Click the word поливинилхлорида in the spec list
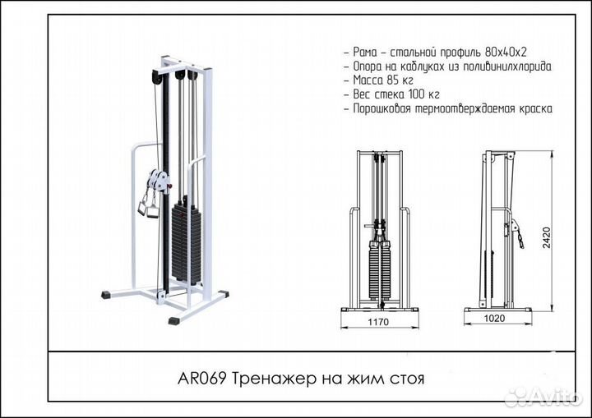503,66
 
